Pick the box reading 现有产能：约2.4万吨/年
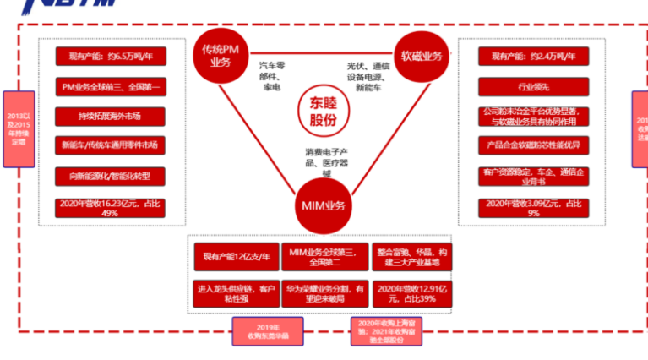click(x=528, y=57)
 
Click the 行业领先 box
click(x=528, y=86)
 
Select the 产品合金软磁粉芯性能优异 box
click(x=528, y=145)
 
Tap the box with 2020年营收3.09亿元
click(x=528, y=208)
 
